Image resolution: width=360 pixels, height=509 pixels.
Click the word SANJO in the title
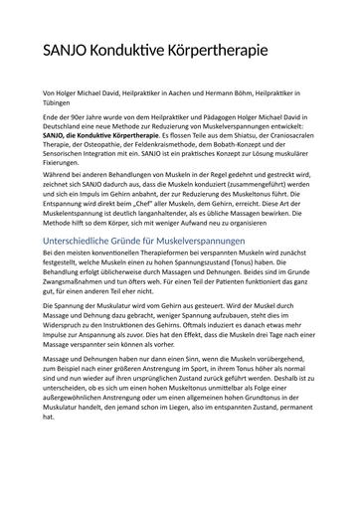point(68,51)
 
